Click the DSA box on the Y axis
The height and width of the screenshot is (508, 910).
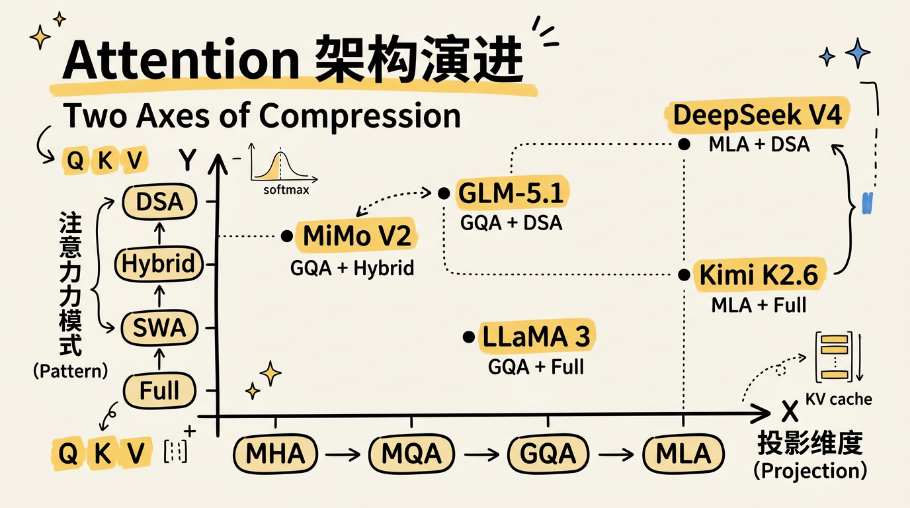[x=159, y=201]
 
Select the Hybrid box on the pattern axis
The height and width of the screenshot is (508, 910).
[x=159, y=265]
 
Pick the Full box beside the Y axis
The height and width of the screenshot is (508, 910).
[x=159, y=390]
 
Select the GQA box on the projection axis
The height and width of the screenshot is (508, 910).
[x=548, y=454]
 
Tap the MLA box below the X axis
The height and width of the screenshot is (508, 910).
[x=683, y=454]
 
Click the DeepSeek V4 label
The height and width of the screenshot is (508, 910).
[x=757, y=116]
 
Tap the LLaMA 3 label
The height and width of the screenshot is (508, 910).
[x=536, y=336]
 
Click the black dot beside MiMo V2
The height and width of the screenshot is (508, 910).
[x=286, y=235]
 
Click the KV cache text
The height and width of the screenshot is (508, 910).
[x=839, y=399]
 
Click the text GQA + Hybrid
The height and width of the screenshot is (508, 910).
[x=352, y=268]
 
